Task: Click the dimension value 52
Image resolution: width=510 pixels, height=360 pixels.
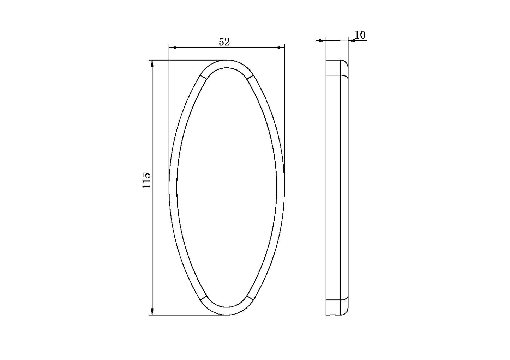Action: click(224, 42)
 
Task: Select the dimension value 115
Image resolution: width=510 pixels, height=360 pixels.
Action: click(147, 180)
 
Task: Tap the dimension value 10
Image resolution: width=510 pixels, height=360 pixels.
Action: click(360, 35)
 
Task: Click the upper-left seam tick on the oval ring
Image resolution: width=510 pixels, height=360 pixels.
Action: click(203, 78)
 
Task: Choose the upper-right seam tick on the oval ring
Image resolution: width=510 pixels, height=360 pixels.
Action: click(250, 78)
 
